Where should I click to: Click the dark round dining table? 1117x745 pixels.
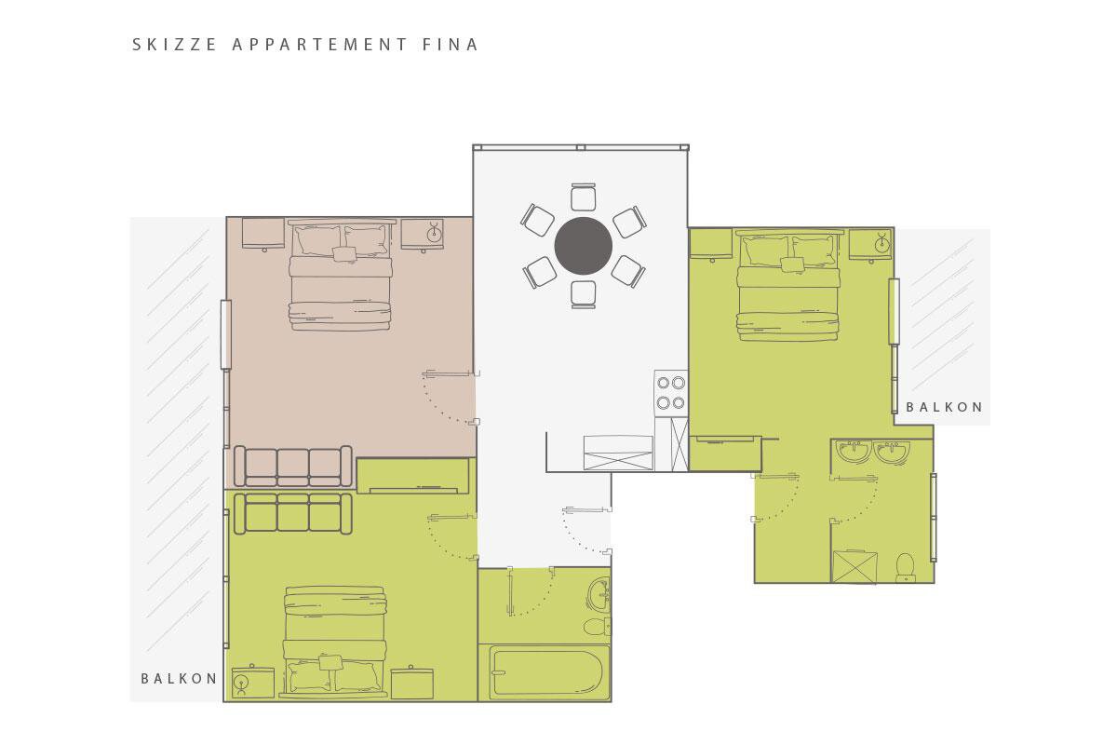(x=583, y=246)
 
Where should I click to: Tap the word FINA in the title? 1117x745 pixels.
(x=451, y=45)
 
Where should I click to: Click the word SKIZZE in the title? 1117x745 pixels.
(x=174, y=45)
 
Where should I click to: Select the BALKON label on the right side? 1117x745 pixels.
(x=944, y=407)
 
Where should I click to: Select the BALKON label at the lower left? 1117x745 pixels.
(x=179, y=679)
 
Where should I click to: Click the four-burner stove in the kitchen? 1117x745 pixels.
(x=671, y=393)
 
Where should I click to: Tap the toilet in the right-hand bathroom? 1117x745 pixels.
(x=905, y=567)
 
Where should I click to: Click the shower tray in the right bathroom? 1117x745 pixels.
(x=855, y=566)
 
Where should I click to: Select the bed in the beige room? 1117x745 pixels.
(x=340, y=275)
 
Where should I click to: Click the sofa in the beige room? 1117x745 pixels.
(x=292, y=466)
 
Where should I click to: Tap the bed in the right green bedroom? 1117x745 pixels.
(x=787, y=285)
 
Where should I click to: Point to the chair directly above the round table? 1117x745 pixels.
(x=583, y=197)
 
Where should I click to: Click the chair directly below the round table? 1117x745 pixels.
(x=583, y=294)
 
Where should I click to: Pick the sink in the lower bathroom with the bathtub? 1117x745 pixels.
(x=599, y=594)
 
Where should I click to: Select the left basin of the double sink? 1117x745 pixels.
(x=854, y=451)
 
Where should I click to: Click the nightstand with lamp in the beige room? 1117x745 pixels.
(x=423, y=235)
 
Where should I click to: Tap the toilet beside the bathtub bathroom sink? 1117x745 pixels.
(x=597, y=627)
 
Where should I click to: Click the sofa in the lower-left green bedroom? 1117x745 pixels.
(x=292, y=514)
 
